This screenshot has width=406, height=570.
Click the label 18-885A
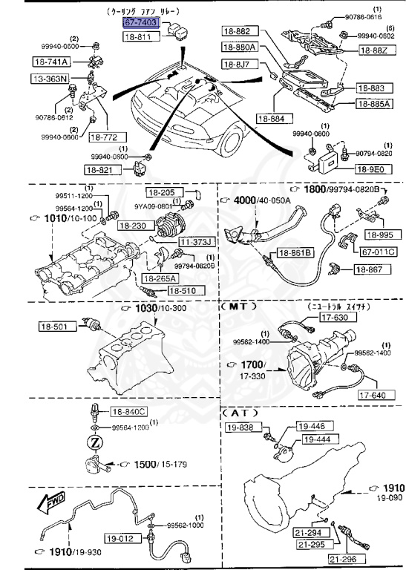click(373, 104)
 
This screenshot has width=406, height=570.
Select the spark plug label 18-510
click(182, 291)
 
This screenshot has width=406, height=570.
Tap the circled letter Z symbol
click(94, 442)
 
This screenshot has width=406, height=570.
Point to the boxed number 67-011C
click(379, 252)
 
